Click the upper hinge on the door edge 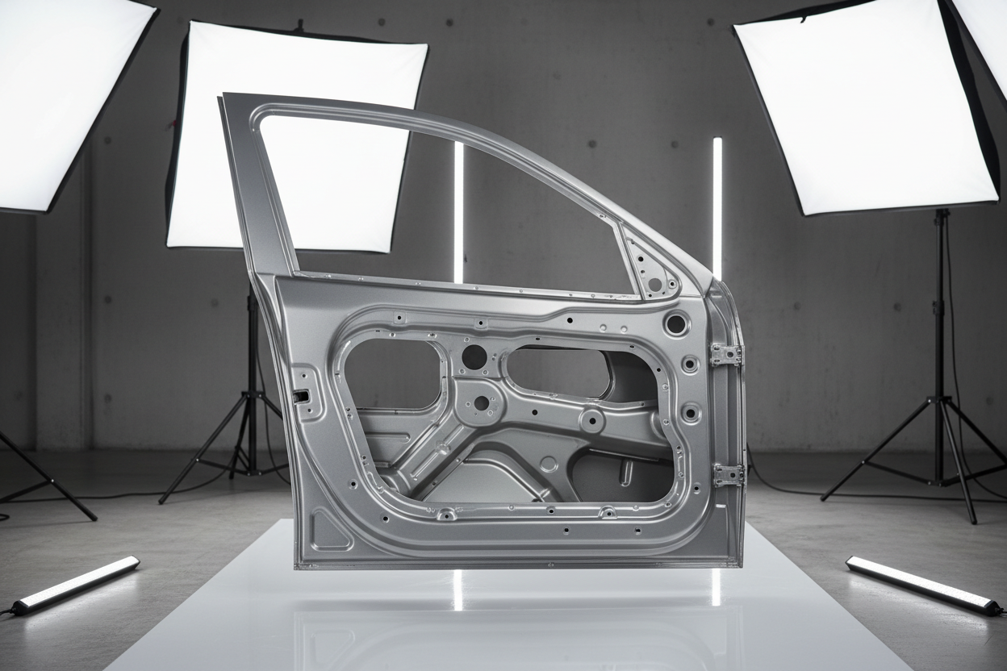[x=725, y=354]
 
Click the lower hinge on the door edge [x=728, y=474]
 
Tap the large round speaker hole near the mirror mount [x=676, y=324]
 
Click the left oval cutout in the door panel [x=392, y=373]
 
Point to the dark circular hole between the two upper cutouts [x=474, y=356]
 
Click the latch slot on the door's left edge [x=301, y=395]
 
